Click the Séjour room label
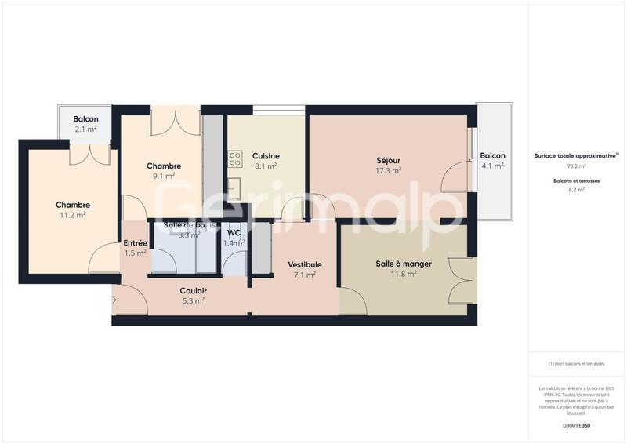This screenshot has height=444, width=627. [x=389, y=160]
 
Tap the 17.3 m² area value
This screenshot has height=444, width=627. [x=389, y=170]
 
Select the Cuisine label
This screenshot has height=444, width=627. [x=266, y=156]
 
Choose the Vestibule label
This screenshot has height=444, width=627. [x=304, y=265]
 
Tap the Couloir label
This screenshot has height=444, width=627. [x=193, y=290]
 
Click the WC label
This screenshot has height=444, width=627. [x=234, y=233]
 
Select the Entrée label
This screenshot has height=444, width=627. [x=136, y=243]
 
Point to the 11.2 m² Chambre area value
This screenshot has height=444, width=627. [x=72, y=214]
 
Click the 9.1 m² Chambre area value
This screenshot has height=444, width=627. [x=164, y=176]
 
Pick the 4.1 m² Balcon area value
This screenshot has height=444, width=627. [x=492, y=166]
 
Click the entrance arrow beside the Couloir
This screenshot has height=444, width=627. [x=114, y=299]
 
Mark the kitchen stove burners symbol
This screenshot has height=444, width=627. [x=234, y=160]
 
